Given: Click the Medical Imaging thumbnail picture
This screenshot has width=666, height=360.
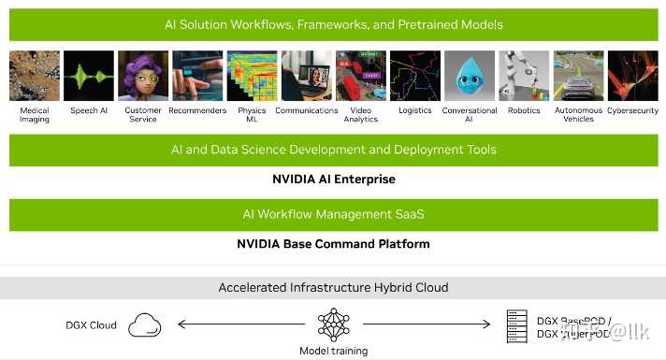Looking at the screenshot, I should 35,76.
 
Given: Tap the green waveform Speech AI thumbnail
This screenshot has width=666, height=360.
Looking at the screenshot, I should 89,76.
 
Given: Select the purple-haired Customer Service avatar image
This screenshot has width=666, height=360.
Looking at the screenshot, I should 143,76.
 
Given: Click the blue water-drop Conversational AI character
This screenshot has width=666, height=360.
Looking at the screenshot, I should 469,76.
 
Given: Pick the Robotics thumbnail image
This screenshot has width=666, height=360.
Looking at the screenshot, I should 524,76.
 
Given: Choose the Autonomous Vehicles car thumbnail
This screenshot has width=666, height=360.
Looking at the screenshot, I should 578,76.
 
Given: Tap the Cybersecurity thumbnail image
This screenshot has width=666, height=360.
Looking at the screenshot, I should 632,76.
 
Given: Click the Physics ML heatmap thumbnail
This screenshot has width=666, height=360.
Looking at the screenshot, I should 252,76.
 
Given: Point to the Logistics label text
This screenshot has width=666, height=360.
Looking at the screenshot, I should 414,110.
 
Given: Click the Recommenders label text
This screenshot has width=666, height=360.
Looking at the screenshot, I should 197,110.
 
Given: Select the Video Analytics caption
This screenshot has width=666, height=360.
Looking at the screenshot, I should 360,114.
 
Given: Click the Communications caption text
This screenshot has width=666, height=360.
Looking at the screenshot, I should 306,110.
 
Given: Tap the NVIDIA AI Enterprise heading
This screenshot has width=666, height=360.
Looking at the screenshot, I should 333,179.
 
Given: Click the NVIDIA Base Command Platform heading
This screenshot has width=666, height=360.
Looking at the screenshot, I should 333,244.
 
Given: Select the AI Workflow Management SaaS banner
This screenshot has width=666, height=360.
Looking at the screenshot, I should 333,214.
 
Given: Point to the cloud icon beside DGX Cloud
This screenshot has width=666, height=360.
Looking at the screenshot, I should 144,324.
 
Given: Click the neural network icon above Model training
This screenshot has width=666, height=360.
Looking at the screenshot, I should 333,324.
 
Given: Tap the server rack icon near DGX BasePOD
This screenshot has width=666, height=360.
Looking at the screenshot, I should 513,324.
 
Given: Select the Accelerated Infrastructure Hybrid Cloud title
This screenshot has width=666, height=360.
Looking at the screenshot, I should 333,287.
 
